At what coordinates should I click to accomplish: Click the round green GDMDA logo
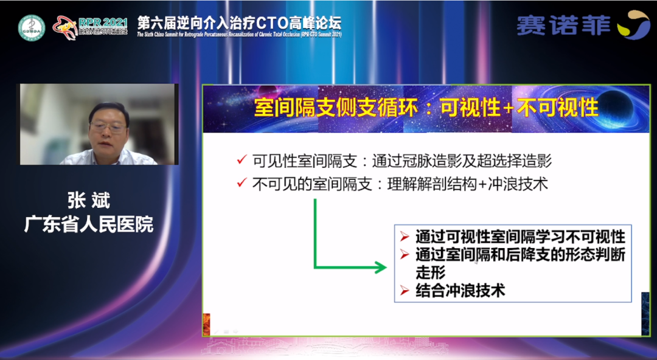click(x=31, y=27)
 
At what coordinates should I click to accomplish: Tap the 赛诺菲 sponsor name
click(x=563, y=25)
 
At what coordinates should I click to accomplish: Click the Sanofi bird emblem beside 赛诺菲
click(x=633, y=24)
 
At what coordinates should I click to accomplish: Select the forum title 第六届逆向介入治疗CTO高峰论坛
click(x=239, y=22)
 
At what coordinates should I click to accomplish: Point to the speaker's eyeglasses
click(x=108, y=126)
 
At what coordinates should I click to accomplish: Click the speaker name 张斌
click(x=89, y=201)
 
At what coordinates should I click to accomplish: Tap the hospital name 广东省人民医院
click(x=89, y=224)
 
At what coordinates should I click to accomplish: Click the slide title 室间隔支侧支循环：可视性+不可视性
click(x=426, y=108)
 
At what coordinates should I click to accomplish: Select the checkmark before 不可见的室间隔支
click(x=242, y=183)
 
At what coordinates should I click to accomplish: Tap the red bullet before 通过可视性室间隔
click(x=405, y=235)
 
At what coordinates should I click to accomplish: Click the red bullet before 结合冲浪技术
click(x=405, y=290)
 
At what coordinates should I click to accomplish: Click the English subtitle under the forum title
click(x=239, y=35)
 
